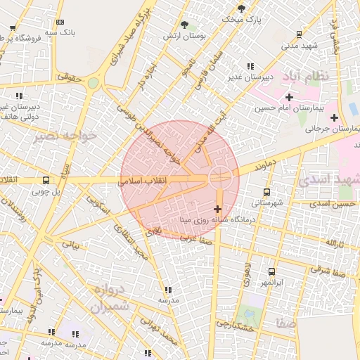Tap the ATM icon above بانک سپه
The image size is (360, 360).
point(60,22)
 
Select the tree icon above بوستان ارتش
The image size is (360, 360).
point(185,25)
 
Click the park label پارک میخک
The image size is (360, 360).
point(241,19)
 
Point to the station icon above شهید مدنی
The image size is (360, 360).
point(300,34)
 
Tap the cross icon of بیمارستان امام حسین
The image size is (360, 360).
point(289,96)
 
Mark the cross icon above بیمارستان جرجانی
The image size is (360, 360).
point(334,117)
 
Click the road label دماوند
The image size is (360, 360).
point(262,166)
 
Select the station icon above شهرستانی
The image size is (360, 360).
point(266,192)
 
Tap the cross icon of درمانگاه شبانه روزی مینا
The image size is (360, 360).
point(217,209)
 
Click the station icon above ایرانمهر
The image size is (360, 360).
point(271,271)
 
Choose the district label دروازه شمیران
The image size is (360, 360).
point(110,298)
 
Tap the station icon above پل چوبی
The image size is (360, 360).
point(46,180)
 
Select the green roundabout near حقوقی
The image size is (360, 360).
point(93,83)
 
